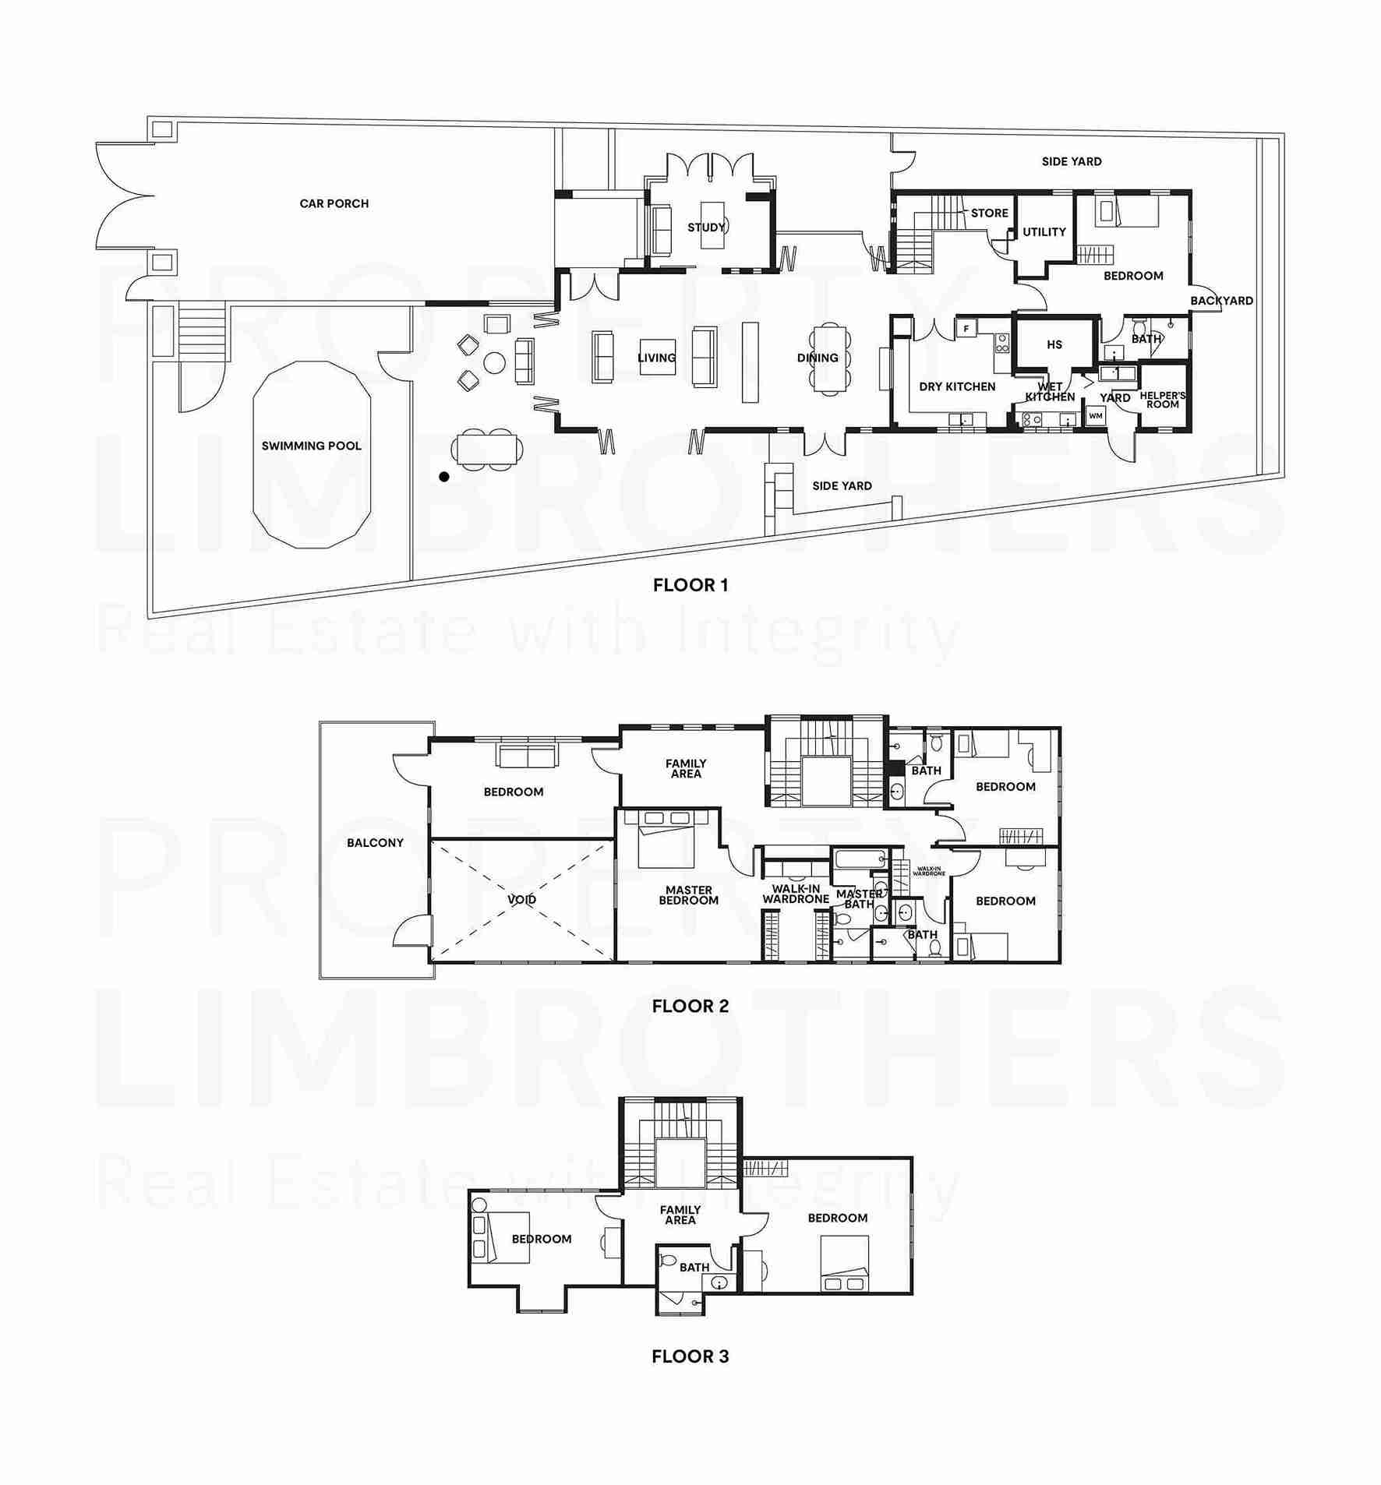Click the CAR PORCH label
tap(334, 203)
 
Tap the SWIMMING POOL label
tap(311, 446)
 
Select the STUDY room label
tap(706, 228)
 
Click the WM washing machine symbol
tap(1096, 416)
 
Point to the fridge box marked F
tap(966, 329)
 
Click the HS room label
tap(1054, 344)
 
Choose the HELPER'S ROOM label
tap(1163, 400)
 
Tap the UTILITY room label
tap(1044, 232)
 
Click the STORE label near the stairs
tap(989, 213)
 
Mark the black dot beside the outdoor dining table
tap(444, 477)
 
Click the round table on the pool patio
tap(495, 362)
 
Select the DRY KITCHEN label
tap(957, 386)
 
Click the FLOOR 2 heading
tap(690, 1006)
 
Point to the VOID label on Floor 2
tap(521, 899)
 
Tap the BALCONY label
tap(376, 842)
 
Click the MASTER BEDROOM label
tap(689, 895)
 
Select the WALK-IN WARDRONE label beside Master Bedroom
tap(796, 894)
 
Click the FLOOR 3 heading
tap(690, 1356)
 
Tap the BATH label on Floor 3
tap(694, 1267)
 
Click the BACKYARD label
tap(1221, 301)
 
